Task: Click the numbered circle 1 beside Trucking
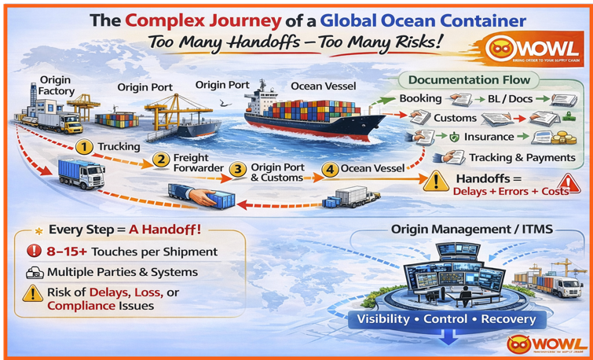coord(85,147)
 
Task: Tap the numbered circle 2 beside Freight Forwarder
coord(161,160)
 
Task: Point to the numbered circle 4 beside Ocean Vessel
coord(331,169)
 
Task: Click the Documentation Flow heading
coord(469,79)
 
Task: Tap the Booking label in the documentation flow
coord(420,99)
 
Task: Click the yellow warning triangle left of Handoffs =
coord(434,183)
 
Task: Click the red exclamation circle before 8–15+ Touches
coord(34,252)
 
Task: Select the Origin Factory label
coord(55,86)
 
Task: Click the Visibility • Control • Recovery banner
coord(446,320)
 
